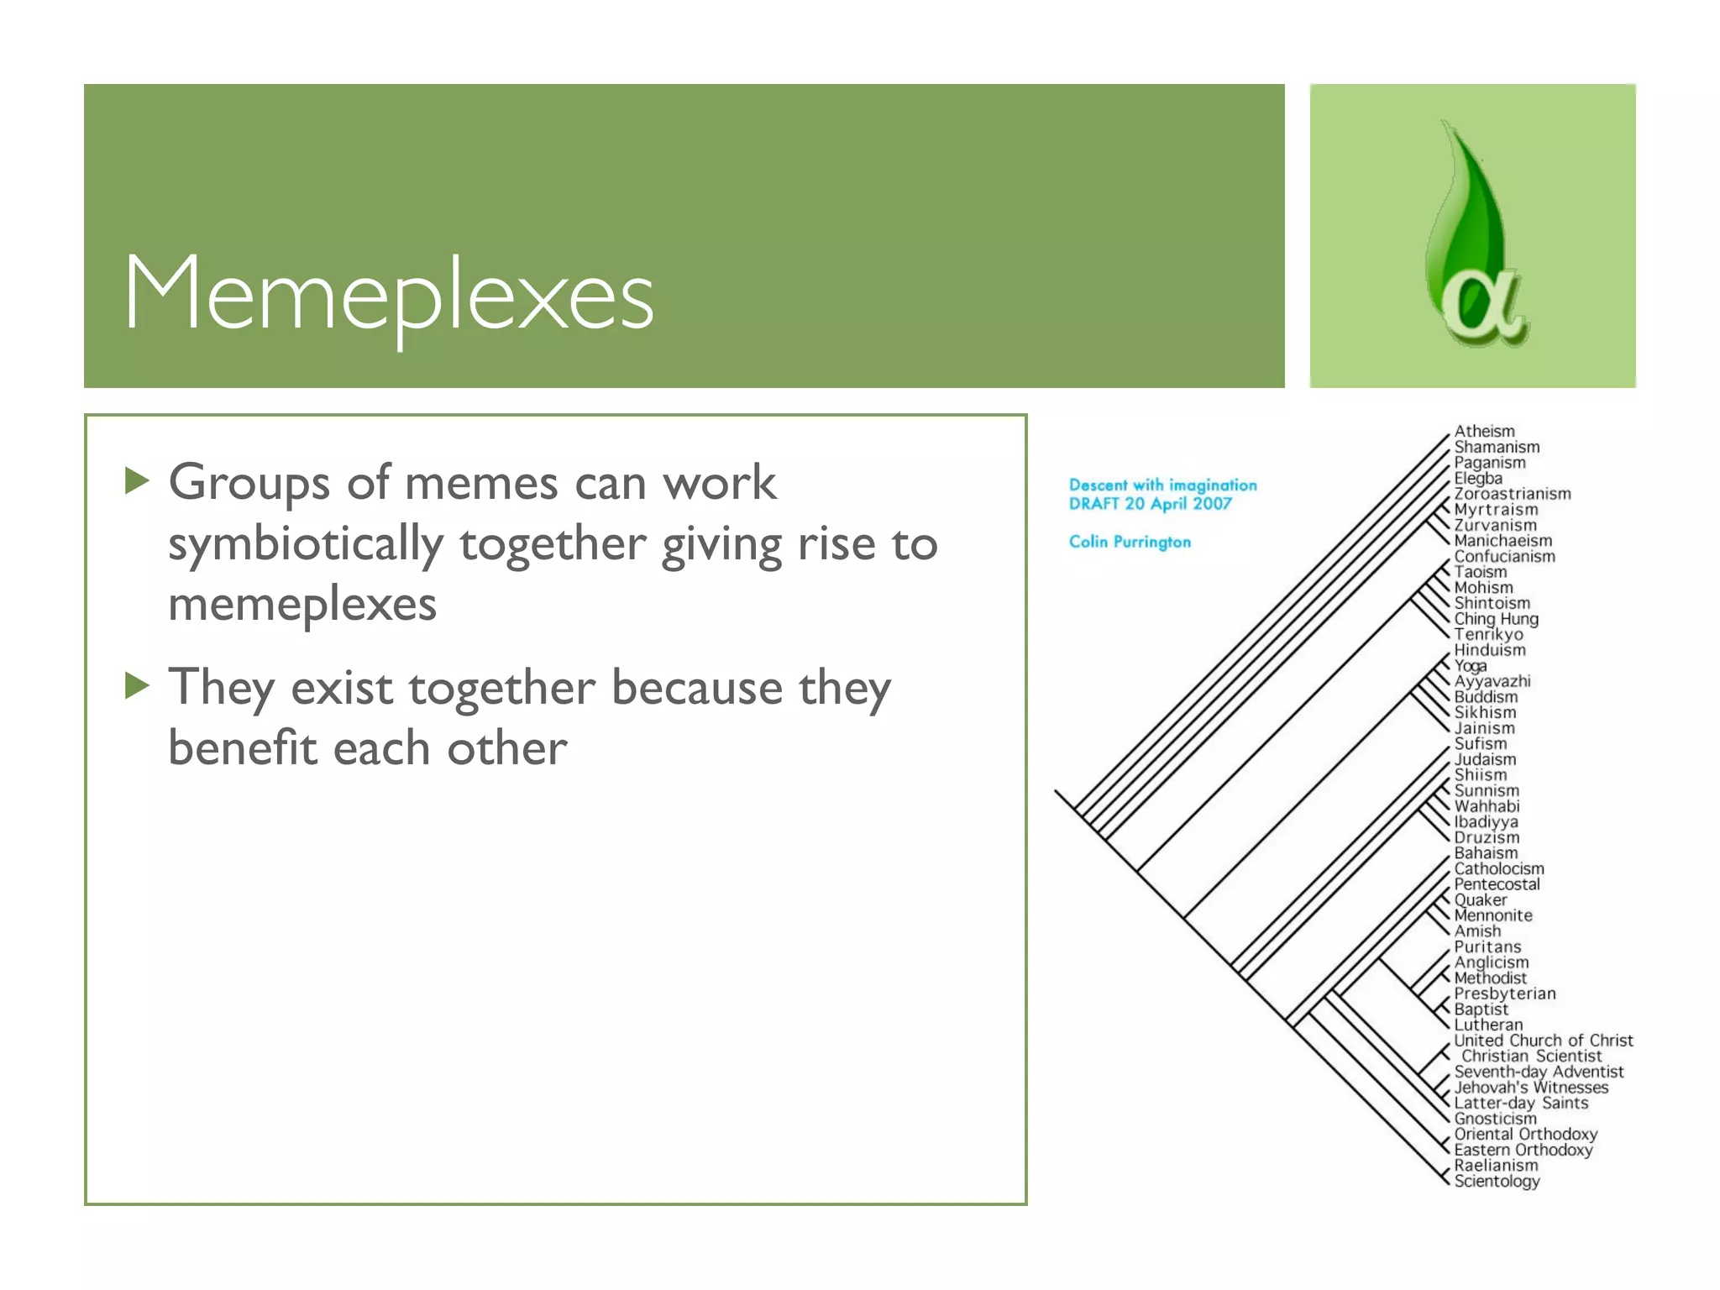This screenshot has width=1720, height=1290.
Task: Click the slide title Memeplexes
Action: pyautogui.click(x=388, y=294)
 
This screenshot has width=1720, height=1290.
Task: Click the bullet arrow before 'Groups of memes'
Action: pyautogui.click(x=137, y=481)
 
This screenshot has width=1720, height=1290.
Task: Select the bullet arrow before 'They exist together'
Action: pyautogui.click(x=137, y=685)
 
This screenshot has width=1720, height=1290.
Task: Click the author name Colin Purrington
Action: pyautogui.click(x=1130, y=542)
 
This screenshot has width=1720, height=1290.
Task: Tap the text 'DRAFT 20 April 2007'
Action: pyautogui.click(x=1150, y=504)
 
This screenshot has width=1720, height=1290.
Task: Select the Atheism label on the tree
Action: pyautogui.click(x=1484, y=431)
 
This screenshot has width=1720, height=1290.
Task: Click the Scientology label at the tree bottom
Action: pyautogui.click(x=1497, y=1181)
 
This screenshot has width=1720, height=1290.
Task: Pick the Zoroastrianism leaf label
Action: pyautogui.click(x=1512, y=494)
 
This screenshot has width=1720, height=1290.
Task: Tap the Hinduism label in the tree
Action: pyautogui.click(x=1490, y=650)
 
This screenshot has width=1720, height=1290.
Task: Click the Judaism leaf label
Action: pyautogui.click(x=1485, y=759)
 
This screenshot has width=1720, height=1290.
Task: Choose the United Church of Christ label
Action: pyautogui.click(x=1543, y=1041)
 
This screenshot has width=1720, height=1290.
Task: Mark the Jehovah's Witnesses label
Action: pyautogui.click(x=1531, y=1088)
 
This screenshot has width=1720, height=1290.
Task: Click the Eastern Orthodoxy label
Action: pyautogui.click(x=1523, y=1150)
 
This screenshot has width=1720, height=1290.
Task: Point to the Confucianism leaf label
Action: pyautogui.click(x=1504, y=556)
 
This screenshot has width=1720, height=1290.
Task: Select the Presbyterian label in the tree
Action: pyautogui.click(x=1504, y=994)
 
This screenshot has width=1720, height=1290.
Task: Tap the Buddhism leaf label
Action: pyautogui.click(x=1486, y=697)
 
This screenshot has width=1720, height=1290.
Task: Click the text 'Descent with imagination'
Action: pyautogui.click(x=1162, y=485)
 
